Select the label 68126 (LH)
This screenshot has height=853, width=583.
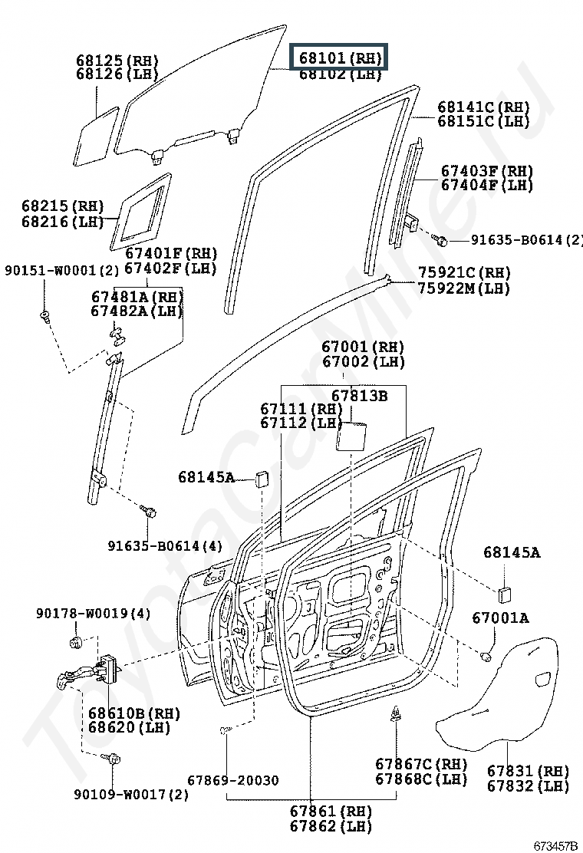pos(117,74)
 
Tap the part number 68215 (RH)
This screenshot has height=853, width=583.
pos(63,206)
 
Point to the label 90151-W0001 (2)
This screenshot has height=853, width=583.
pos(61,270)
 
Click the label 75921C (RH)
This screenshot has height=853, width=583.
pos(464,272)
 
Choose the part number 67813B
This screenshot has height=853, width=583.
pos(360,396)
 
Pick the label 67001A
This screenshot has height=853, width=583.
pos(500,618)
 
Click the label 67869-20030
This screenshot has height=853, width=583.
pos(233,780)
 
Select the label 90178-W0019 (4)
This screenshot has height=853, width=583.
pos(94,613)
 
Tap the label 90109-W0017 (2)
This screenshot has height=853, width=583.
pos(132,794)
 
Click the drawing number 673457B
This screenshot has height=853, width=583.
pos(555,845)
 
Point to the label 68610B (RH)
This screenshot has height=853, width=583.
pos(134,713)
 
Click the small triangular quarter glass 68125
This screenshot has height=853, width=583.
pos(96,137)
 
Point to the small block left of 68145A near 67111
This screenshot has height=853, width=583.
pos(262,479)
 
